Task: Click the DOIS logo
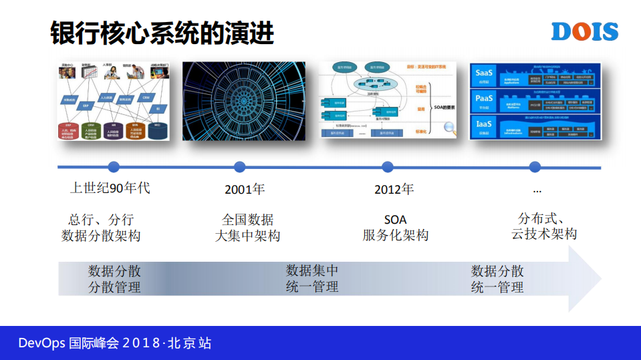point(585,31)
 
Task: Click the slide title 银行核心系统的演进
point(162,33)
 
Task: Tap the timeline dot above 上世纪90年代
point(114,167)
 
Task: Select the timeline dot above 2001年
point(239,167)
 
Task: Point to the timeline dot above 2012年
point(387,167)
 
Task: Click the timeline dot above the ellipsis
point(535,167)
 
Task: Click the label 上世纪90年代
point(110,188)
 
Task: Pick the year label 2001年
point(245,190)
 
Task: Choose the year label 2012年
point(394,190)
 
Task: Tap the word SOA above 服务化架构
point(395,219)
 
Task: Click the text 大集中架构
point(247,236)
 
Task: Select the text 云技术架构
point(543,234)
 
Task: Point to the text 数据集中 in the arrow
point(312,271)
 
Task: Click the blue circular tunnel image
point(243,101)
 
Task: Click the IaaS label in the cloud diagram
point(483,125)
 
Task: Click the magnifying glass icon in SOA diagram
point(450,128)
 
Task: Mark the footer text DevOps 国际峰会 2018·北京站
point(114,343)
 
